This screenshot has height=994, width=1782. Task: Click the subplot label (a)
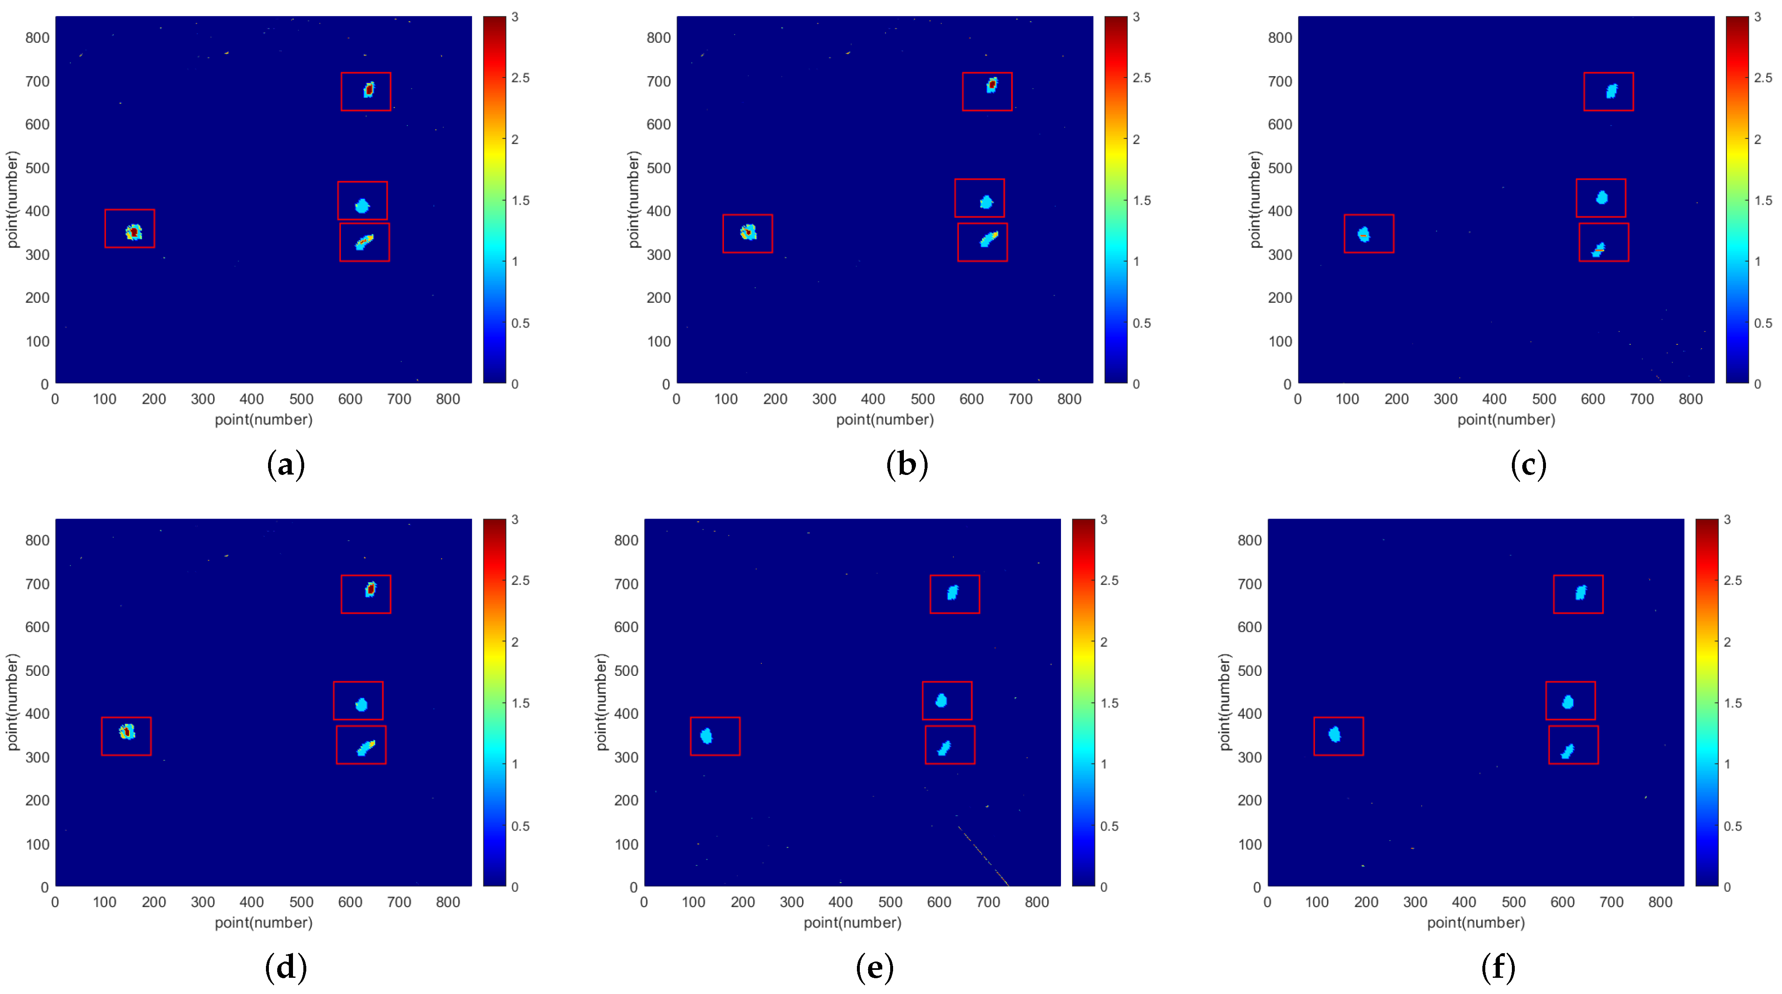click(285, 465)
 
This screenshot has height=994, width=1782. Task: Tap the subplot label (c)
click(1528, 465)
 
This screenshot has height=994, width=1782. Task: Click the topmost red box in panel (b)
click(987, 91)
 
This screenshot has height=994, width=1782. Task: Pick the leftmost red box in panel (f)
click(1339, 736)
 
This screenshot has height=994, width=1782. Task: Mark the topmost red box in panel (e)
click(955, 594)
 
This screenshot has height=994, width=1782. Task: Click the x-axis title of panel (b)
click(885, 420)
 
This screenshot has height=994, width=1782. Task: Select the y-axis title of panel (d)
click(12, 702)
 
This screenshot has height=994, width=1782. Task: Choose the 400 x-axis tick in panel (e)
click(840, 902)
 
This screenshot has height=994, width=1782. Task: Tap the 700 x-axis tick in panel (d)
click(399, 902)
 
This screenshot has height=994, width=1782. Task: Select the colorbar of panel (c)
click(1737, 199)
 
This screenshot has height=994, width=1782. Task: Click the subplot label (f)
click(1498, 967)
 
